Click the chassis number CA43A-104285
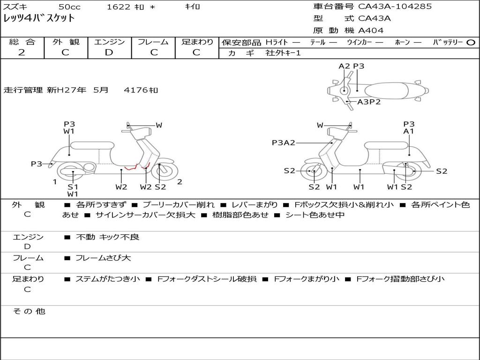(x=395, y=7)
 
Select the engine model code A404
(x=371, y=30)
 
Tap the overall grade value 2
(x=22, y=52)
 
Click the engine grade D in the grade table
(x=109, y=52)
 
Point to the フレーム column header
(x=154, y=42)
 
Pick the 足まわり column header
(x=197, y=42)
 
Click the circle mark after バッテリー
(x=471, y=42)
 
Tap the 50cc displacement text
(x=69, y=7)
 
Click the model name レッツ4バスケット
(x=39, y=18)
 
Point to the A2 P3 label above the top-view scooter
(x=351, y=66)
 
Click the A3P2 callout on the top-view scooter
(x=369, y=102)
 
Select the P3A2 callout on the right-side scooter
(x=283, y=143)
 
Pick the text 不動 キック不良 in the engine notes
(x=107, y=237)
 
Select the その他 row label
(x=29, y=311)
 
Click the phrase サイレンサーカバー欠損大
(x=145, y=215)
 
